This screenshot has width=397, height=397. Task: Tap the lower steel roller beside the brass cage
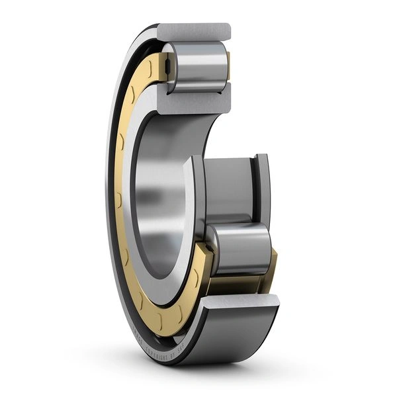point(240,248)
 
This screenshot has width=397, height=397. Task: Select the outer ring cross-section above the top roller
point(194,30)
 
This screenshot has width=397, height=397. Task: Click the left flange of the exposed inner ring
point(197,198)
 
